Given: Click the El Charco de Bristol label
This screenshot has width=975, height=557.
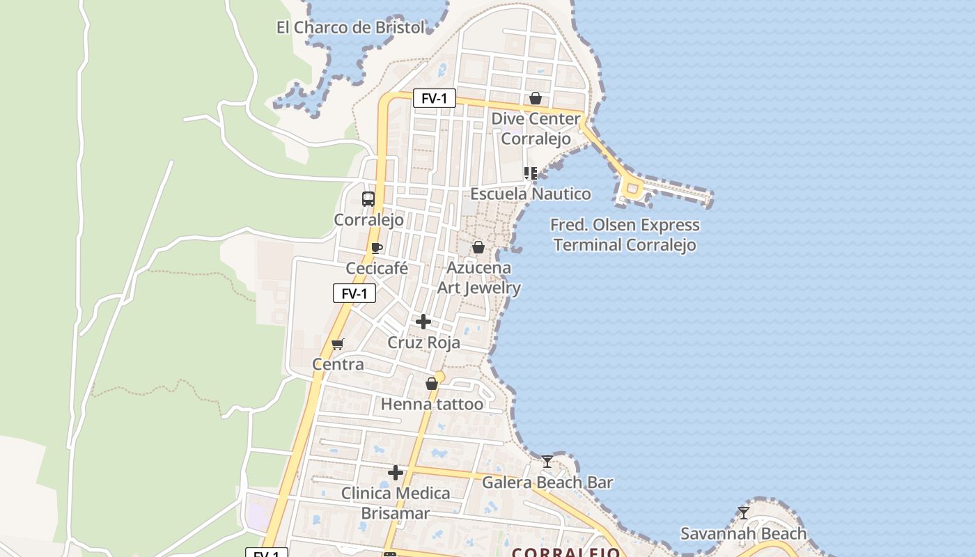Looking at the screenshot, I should coord(350,28).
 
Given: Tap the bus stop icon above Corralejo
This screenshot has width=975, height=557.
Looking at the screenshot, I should coord(368,199).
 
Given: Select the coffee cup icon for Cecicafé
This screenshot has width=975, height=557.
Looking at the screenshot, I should coord(377,248).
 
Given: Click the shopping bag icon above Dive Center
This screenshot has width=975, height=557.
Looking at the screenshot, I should coord(536,98).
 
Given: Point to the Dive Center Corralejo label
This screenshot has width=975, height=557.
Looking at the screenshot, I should coord(536,129).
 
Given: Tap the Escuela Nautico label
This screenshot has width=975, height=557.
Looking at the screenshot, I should coord(531,194).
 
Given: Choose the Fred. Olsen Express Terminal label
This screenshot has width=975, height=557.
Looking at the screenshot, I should coord(625,235).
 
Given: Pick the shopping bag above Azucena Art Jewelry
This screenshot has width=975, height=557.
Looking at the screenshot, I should coord(478,247).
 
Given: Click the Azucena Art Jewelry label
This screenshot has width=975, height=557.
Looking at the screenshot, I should coord(479,277).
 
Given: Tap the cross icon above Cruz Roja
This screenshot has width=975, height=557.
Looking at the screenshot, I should coord(423,322).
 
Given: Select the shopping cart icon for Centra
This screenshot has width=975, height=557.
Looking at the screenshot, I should coord(338,344).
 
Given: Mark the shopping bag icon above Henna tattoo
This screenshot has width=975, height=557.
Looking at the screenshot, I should coord(432,384).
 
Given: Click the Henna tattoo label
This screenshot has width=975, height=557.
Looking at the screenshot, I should coord(432,404).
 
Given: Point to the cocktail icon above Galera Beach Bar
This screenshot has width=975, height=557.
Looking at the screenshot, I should coord(547,461).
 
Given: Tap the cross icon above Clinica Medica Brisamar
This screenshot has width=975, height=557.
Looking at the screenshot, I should coord(396,473).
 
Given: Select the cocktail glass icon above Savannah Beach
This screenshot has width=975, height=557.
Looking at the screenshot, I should coord(744,513).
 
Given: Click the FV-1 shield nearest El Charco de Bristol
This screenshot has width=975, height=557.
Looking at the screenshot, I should coord(434,99).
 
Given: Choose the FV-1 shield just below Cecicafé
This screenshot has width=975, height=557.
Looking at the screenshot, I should coord(354,294).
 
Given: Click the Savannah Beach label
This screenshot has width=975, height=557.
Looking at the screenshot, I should coord(743,533).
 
